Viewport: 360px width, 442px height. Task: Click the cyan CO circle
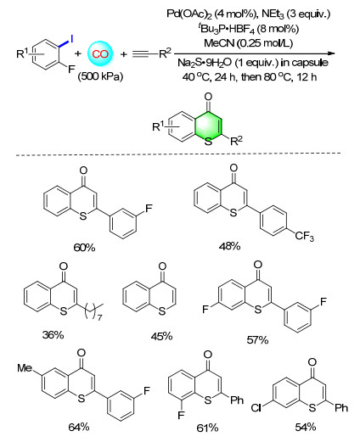pos(100,53)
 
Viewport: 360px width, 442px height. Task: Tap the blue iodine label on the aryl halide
pos(71,39)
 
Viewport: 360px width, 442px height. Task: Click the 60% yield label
pos(84,248)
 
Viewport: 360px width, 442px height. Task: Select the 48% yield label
pos(229,246)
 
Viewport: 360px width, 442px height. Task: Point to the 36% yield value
pos(53,335)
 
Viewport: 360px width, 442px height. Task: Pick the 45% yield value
pos(161,336)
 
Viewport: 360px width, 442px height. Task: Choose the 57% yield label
pos(257,339)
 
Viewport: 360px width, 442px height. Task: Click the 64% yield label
pos(79,427)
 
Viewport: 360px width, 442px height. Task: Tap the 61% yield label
pos(207,428)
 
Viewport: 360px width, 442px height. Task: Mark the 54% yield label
pos(306,427)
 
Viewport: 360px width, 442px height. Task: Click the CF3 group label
pos(305,237)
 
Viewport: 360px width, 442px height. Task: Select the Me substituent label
pos(25,368)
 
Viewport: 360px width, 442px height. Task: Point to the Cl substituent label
pos(256,408)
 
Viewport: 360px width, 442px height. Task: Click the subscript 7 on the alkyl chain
pos(99,317)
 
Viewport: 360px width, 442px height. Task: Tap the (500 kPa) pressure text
pos(100,76)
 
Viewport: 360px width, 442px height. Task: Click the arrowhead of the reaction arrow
pos(332,53)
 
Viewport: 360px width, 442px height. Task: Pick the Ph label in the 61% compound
pos(237,400)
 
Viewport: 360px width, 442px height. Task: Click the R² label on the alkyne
pos(165,53)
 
